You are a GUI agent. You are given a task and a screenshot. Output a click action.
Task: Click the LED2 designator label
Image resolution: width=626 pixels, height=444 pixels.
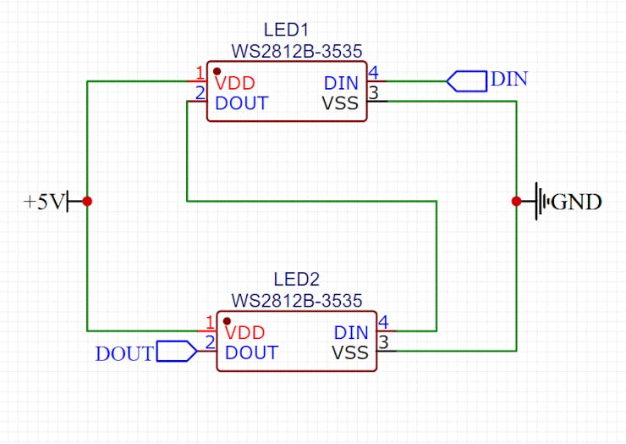pos(296,280)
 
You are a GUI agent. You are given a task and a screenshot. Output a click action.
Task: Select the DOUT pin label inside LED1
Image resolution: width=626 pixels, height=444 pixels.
pos(242,103)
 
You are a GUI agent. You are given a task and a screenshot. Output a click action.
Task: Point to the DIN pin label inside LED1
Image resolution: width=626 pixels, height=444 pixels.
pos(341,84)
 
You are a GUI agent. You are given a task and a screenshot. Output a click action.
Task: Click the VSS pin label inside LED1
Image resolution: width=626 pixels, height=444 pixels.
pos(340,103)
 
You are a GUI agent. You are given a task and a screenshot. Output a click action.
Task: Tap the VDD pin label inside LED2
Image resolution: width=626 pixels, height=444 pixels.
pos(245,333)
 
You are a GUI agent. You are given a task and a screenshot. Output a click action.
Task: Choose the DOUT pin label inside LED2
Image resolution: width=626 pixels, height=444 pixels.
pos(251,352)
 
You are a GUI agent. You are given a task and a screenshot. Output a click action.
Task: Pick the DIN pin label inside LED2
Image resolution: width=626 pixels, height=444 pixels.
pos(351,333)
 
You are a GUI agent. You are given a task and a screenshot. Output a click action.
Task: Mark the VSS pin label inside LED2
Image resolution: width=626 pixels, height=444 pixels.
pos(350,352)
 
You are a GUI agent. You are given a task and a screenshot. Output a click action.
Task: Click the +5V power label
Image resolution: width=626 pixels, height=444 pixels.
pos(43,202)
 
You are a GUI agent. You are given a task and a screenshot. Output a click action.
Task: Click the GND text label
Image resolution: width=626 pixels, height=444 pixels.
pos(577,202)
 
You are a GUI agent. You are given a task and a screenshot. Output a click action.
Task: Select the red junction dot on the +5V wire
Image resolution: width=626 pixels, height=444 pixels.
pos(87,201)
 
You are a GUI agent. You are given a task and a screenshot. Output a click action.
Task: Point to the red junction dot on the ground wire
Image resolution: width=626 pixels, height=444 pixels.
pos(516,201)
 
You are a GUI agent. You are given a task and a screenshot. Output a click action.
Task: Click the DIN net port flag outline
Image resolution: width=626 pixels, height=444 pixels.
pos(466,81)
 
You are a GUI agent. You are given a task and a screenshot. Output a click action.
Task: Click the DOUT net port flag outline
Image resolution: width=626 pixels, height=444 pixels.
pos(177,352)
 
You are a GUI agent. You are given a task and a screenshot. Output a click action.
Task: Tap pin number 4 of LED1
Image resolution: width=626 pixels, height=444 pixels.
pos(373,73)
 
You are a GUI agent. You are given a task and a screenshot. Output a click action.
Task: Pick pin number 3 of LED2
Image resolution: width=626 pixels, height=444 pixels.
pos(382,342)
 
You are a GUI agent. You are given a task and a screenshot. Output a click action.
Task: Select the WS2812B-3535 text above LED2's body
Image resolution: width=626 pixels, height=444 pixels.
pos(296,300)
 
